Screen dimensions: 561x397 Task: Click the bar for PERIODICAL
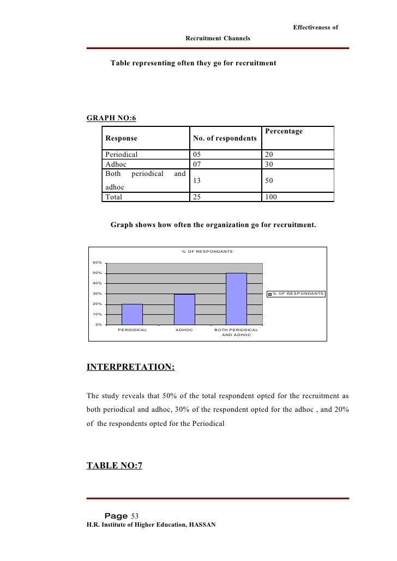tap(132, 314)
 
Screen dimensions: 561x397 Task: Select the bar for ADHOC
tap(184, 309)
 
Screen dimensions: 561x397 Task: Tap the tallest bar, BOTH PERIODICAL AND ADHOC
tap(236, 299)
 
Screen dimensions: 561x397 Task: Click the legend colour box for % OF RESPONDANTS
tap(269, 294)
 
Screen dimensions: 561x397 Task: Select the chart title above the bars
tap(207, 251)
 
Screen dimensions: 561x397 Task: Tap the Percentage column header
tap(283, 131)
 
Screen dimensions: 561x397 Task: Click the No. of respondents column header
tap(225, 138)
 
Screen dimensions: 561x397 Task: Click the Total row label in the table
tap(114, 197)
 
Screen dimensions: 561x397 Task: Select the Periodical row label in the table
tap(122, 154)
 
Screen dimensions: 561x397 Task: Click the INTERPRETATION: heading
tap(131, 367)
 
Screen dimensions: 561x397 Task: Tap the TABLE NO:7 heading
tap(115, 465)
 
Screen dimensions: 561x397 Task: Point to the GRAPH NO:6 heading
tap(111, 118)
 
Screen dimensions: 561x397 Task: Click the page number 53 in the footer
tap(135, 516)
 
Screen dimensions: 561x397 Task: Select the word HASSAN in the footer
tap(202, 525)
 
